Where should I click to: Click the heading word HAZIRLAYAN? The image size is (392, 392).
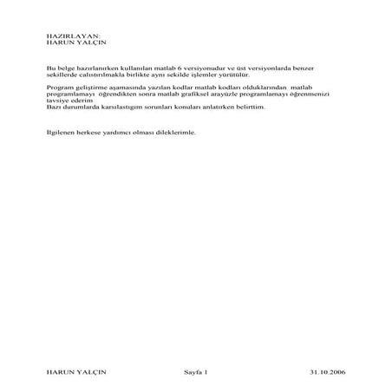(66, 35)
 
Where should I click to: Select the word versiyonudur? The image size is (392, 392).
(209, 68)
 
